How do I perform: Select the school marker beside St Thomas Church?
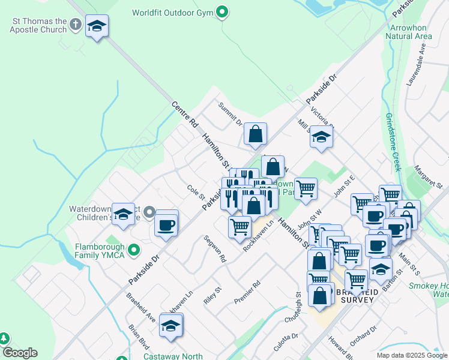[x=97, y=26]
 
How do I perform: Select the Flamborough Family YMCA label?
[x=100, y=251]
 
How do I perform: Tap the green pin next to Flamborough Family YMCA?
[x=134, y=250]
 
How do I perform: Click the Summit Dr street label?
[x=229, y=114]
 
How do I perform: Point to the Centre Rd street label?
[x=184, y=114]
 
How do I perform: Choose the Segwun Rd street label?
[x=214, y=250]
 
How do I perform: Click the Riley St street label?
[x=212, y=295]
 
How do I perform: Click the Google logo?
[x=20, y=353]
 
